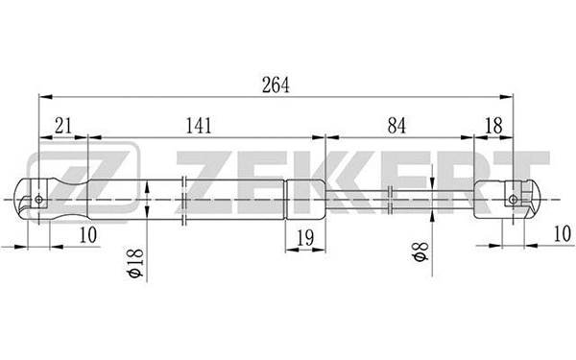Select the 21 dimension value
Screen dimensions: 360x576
(64, 125)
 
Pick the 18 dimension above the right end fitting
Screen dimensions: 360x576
(492, 125)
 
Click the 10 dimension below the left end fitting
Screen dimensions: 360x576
(87, 235)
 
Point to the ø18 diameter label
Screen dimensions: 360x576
(134, 261)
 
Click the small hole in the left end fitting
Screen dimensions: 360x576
(38, 200)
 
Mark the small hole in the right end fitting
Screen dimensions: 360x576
(513, 201)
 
